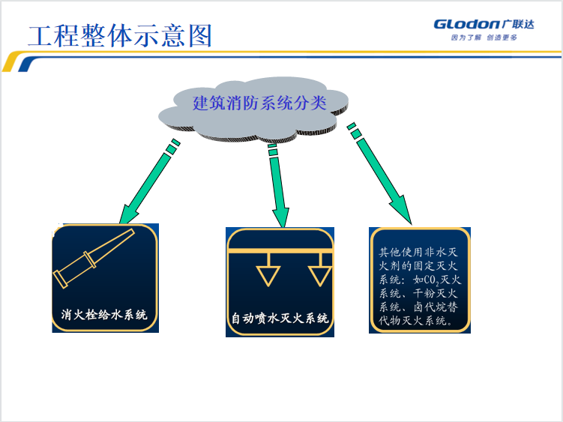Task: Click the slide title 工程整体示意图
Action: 120,36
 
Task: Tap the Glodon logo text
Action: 466,25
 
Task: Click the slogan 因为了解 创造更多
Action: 484,37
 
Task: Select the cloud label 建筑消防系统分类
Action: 259,103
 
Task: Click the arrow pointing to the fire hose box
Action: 148,182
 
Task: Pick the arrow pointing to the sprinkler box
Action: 278,185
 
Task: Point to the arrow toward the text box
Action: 380,173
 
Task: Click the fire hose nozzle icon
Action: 94,259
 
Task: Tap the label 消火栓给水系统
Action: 104,315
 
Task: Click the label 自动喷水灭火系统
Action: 280,319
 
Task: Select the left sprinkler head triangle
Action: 268,276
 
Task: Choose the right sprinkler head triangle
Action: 320,276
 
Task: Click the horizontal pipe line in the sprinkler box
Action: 280,251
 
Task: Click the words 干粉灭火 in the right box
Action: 435,293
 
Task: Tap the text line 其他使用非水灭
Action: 418,252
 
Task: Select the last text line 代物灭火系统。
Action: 417,320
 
